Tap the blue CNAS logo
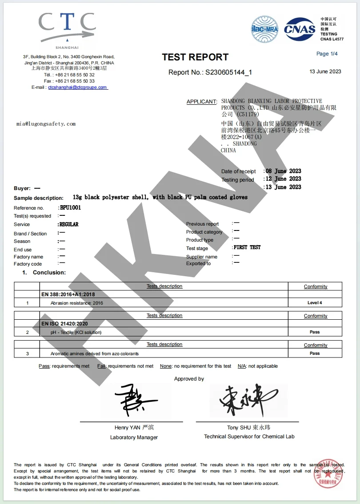click(300, 30)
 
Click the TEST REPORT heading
click(195, 57)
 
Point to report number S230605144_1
click(228, 72)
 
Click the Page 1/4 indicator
click(327, 54)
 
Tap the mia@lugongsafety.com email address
click(46, 124)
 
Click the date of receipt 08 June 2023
click(283, 171)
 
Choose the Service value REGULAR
click(69, 224)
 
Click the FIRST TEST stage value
click(247, 247)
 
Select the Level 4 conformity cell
click(315, 303)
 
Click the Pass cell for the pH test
click(315, 332)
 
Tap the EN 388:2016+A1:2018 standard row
click(68, 294)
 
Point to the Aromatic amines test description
click(95, 353)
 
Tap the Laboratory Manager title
click(134, 437)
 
